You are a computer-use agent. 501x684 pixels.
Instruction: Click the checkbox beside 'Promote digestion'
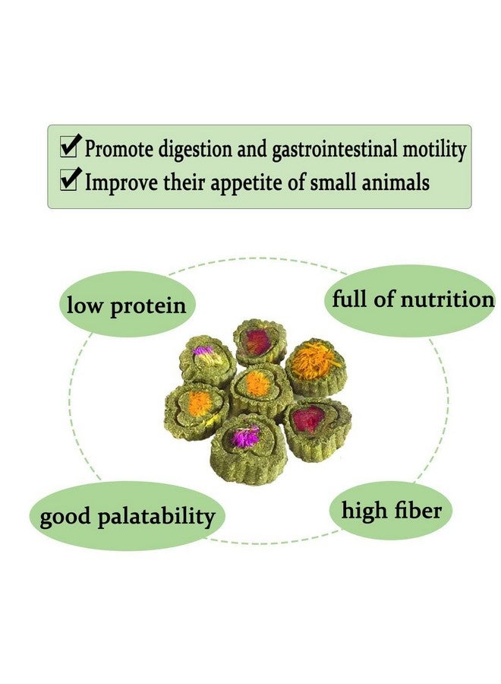coord(70,147)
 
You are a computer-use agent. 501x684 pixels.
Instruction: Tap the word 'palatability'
coord(158,518)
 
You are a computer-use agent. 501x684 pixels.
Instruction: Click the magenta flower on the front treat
coord(245,437)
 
